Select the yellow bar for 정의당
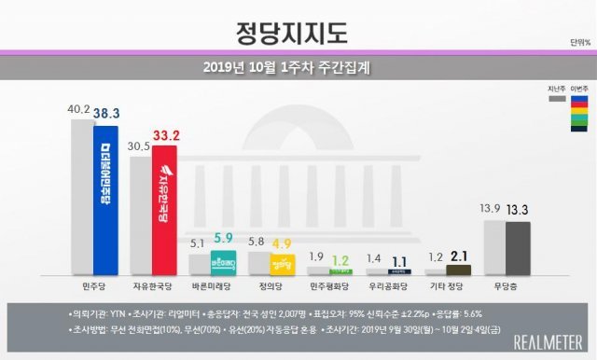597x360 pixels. click(x=283, y=264)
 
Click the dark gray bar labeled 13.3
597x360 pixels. click(x=517, y=247)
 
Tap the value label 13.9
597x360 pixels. click(x=489, y=210)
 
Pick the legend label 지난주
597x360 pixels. click(x=557, y=86)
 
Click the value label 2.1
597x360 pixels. click(x=459, y=256)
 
